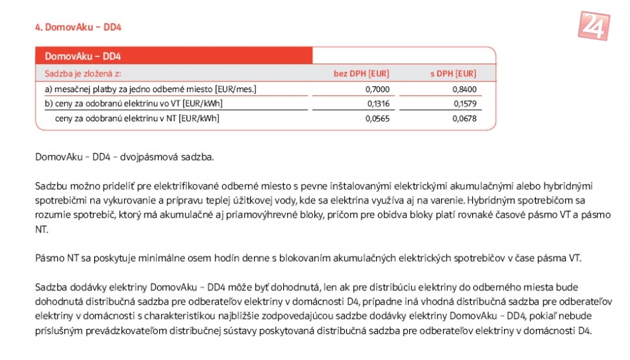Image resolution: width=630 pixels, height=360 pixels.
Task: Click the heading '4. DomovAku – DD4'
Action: (x=78, y=27)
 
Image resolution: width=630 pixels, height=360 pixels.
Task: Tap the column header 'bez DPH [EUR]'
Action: (x=361, y=74)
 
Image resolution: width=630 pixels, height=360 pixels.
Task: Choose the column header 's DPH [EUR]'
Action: (x=453, y=74)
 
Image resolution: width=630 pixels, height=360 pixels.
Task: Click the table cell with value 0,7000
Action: (x=377, y=89)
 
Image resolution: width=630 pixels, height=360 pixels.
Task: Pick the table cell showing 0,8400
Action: (x=464, y=89)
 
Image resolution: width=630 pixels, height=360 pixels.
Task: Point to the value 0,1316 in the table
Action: (x=377, y=103)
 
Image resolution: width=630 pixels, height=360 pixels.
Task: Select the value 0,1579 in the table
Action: (x=464, y=103)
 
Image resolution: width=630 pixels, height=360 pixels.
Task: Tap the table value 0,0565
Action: (x=377, y=119)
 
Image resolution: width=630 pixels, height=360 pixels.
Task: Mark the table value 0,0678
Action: (x=464, y=119)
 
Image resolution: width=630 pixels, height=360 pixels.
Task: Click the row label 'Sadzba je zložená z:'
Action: (x=83, y=74)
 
